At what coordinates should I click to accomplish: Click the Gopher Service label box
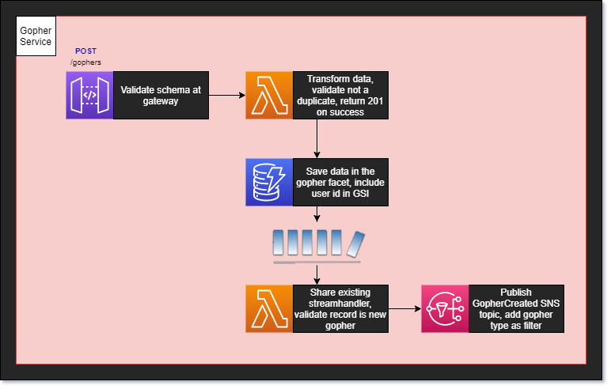(36, 36)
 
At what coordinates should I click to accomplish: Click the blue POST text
(85, 51)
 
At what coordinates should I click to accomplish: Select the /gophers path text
(85, 62)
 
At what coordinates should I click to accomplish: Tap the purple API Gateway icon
(89, 96)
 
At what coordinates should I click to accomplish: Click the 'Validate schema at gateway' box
(161, 96)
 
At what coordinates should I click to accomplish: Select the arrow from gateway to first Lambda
(226, 96)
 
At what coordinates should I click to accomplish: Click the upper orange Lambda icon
(269, 96)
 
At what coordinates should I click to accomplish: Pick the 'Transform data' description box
(340, 96)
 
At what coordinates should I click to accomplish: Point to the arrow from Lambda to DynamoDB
(317, 138)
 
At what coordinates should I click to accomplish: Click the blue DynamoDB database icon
(269, 182)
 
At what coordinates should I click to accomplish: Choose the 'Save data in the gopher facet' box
(340, 182)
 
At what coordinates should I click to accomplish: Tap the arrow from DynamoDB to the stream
(317, 214)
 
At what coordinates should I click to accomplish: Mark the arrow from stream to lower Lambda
(317, 274)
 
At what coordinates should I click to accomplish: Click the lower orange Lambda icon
(269, 308)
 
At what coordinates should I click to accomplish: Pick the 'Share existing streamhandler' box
(340, 308)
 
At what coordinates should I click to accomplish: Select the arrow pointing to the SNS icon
(404, 308)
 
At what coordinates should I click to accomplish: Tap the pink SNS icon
(445, 308)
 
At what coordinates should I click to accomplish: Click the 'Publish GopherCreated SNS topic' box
(516, 308)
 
